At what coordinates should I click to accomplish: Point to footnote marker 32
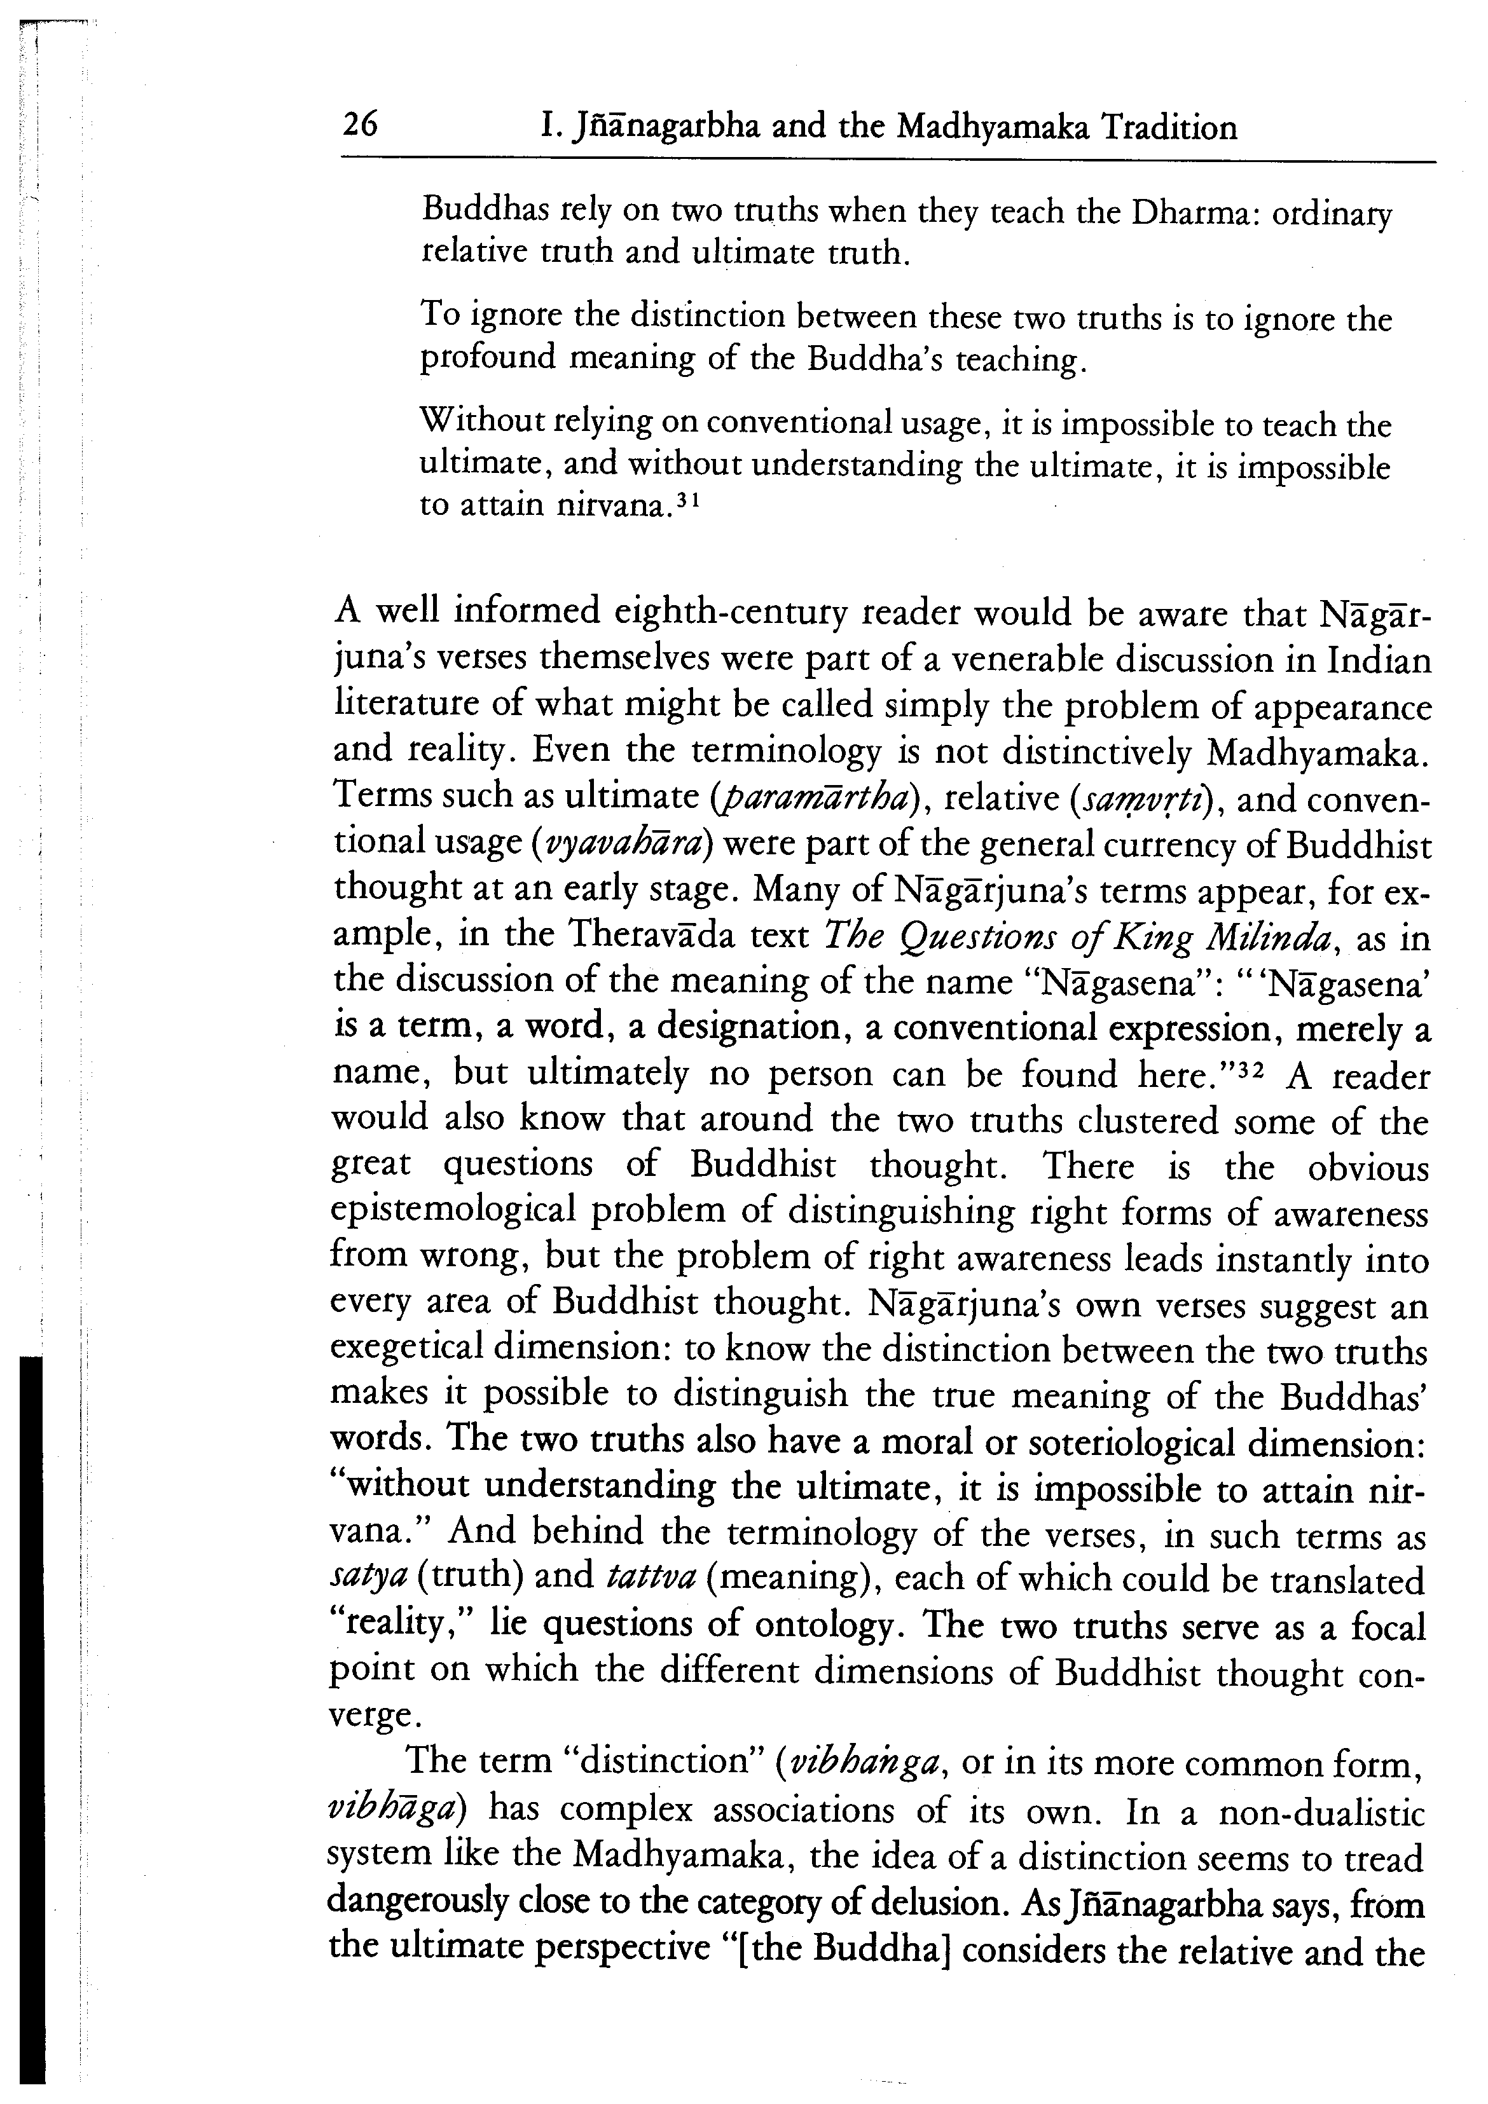pyautogui.click(x=1247, y=1066)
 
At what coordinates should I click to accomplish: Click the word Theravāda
pyautogui.click(x=654, y=936)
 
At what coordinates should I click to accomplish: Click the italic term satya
pyautogui.click(x=368, y=1579)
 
